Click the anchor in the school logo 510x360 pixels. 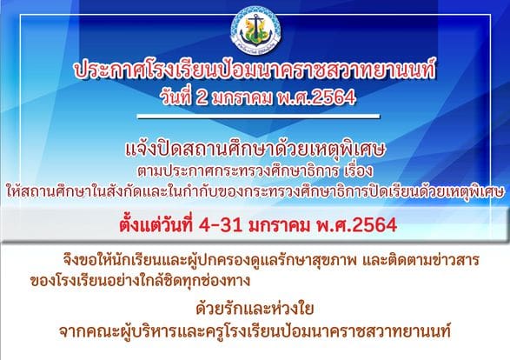pyautogui.click(x=256, y=27)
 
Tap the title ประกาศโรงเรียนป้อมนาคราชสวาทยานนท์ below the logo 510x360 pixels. pyautogui.click(x=255, y=70)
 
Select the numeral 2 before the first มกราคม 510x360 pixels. pyautogui.click(x=202, y=97)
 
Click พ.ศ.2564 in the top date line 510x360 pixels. pyautogui.click(x=316, y=97)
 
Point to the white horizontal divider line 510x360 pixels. pyautogui.click(x=259, y=117)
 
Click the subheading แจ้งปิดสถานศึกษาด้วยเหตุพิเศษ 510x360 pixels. pyautogui.click(x=255, y=150)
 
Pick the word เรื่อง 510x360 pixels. pyautogui.click(x=359, y=171)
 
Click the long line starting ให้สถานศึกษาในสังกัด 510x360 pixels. pyautogui.click(x=255, y=191)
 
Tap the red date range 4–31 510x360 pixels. pyautogui.click(x=222, y=225)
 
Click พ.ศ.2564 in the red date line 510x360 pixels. pyautogui.click(x=357, y=224)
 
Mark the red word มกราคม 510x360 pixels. pyautogui.click(x=280, y=225)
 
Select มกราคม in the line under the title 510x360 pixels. pyautogui.click(x=242, y=97)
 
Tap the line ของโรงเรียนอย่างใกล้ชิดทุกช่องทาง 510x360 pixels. pyautogui.click(x=140, y=281)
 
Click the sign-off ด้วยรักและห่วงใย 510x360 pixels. pyautogui.click(x=255, y=308)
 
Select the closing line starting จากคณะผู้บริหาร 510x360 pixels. pyautogui.click(x=255, y=331)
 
